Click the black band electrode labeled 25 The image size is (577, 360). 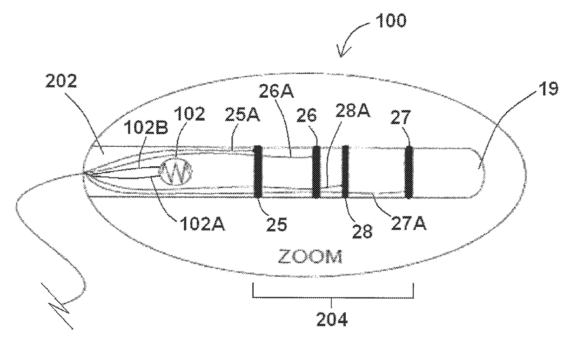(x=257, y=170)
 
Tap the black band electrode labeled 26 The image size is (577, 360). (x=316, y=171)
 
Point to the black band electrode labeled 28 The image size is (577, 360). (x=346, y=171)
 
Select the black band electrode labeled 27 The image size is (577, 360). (x=409, y=171)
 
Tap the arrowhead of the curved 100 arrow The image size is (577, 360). (x=342, y=54)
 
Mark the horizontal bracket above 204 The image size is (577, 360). (x=333, y=297)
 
